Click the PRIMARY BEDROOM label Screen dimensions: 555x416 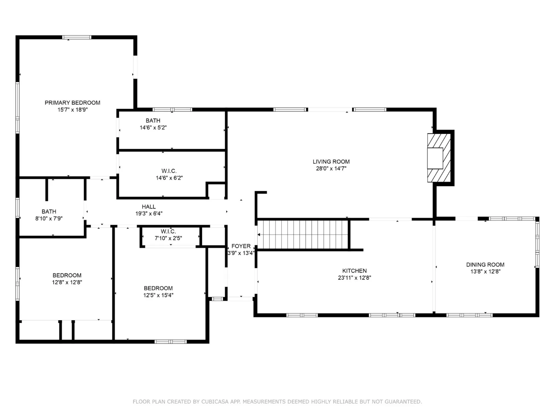click(72, 103)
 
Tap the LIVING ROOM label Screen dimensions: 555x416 click(331, 162)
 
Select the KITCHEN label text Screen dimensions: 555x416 click(354, 271)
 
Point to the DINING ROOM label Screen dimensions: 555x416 click(485, 265)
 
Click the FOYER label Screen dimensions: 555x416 click(241, 246)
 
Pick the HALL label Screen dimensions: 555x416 click(149, 207)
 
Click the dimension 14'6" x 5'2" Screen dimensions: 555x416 click(153, 128)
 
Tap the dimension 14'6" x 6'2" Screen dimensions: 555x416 click(169, 178)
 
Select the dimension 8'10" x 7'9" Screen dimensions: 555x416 click(49, 219)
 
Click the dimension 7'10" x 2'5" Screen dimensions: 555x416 click(168, 238)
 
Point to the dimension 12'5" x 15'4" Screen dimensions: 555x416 click(158, 295)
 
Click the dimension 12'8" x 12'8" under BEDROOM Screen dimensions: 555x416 click(67, 282)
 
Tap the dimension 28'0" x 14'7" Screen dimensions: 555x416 click(331, 169)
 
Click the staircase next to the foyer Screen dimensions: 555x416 click(303, 235)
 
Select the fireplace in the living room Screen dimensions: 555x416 click(439, 158)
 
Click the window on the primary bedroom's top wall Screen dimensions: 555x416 click(77, 37)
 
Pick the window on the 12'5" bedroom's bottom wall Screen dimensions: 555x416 click(170, 342)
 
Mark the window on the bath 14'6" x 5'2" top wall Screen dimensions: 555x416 click(172, 109)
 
